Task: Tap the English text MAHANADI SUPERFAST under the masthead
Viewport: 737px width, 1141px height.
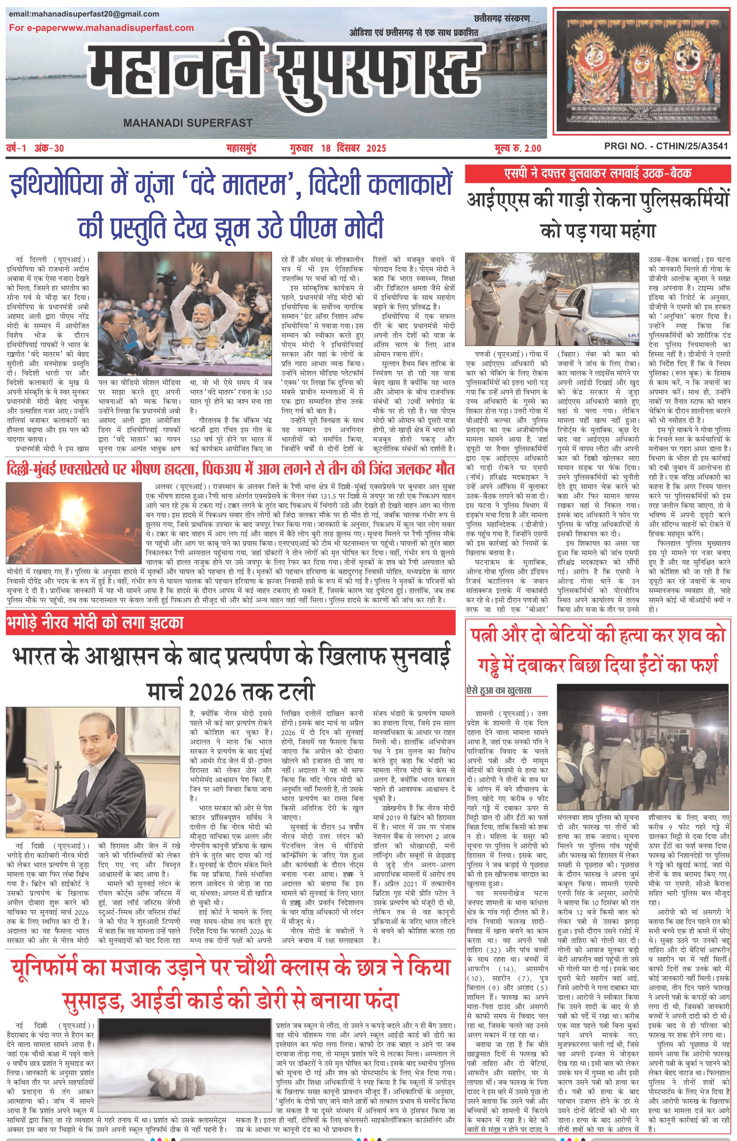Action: coord(188,123)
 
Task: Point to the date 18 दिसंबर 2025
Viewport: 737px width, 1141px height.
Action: coord(353,148)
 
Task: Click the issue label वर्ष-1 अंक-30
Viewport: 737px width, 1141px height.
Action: coord(35,148)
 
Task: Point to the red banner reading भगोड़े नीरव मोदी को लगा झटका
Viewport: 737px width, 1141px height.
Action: coord(96,622)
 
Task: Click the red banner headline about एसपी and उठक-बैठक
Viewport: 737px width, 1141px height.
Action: coord(598,174)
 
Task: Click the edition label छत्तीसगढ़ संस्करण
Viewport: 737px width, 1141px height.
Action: coord(502,19)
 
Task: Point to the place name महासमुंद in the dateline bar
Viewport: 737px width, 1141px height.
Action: coord(241,148)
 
